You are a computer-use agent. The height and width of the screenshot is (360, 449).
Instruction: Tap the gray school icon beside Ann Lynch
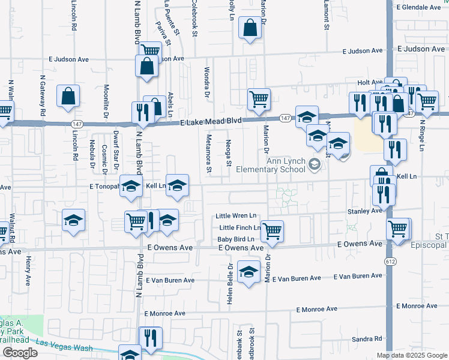[313, 164]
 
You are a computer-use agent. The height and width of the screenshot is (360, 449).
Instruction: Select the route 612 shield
[391, 261]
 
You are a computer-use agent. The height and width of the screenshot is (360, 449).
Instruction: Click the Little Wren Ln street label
[237, 216]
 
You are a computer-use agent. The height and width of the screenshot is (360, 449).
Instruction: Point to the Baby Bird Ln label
[238, 239]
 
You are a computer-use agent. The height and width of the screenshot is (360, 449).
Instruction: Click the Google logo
[19, 353]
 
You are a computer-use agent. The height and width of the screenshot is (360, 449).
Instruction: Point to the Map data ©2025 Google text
[412, 356]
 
